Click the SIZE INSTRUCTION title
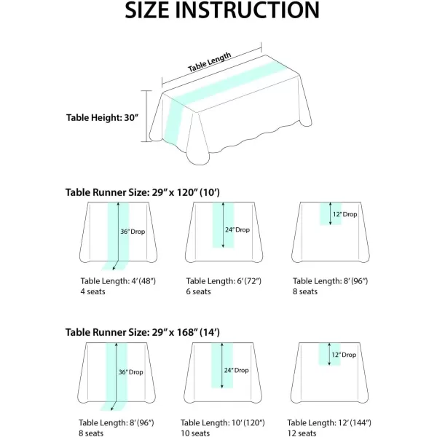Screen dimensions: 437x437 (x=222, y=10)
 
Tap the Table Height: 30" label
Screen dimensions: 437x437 (x=102, y=117)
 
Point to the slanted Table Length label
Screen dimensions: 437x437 (x=209, y=62)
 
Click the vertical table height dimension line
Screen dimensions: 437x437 (x=146, y=117)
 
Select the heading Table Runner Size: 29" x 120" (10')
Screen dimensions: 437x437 (x=143, y=192)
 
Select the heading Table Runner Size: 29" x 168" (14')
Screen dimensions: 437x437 (x=143, y=333)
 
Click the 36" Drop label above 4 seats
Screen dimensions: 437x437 (x=133, y=232)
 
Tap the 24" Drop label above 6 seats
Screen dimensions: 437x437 (x=237, y=230)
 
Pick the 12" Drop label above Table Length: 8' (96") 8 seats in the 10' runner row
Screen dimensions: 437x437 (x=345, y=214)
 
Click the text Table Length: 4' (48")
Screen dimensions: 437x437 (x=118, y=281)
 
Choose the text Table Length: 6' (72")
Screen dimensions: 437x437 (x=224, y=281)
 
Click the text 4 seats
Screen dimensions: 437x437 (x=92, y=291)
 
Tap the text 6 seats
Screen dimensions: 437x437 (x=198, y=291)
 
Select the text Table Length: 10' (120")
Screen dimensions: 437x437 (x=223, y=422)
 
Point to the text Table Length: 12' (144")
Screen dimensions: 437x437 (x=329, y=422)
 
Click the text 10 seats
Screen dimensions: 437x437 (x=195, y=433)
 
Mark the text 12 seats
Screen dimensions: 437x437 (x=302, y=433)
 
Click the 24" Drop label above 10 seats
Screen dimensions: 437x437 (x=236, y=371)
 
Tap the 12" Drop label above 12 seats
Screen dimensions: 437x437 (x=344, y=355)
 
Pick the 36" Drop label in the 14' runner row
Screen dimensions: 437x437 (x=130, y=372)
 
